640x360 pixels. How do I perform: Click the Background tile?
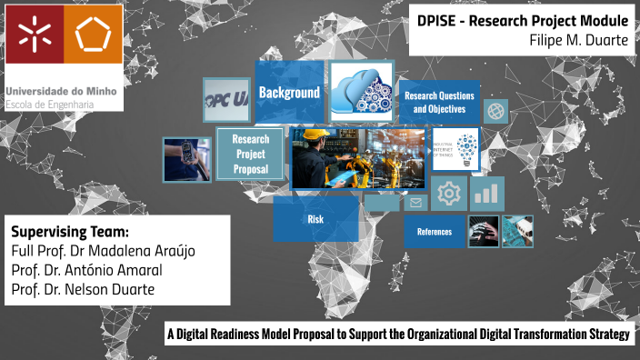pyautogui.click(x=288, y=93)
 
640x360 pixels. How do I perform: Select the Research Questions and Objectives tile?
pyautogui.click(x=439, y=102)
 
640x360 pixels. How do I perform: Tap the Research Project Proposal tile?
pyautogui.click(x=250, y=155)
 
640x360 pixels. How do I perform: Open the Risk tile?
pyautogui.click(x=315, y=219)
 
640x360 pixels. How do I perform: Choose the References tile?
pyautogui.click(x=434, y=232)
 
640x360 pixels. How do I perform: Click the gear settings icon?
pyautogui.click(x=447, y=194)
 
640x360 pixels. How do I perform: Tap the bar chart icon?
pyautogui.click(x=487, y=192)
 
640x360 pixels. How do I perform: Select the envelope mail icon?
pyautogui.click(x=416, y=203)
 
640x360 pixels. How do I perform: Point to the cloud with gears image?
pyautogui.click(x=361, y=91)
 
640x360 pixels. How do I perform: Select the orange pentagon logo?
pyautogui.click(x=94, y=35)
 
